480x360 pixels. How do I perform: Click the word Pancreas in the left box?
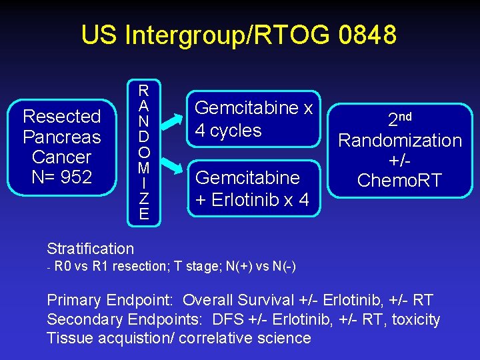pos(61,137)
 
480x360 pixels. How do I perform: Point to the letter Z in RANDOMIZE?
pos(143,200)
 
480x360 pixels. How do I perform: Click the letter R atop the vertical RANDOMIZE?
pos(143,90)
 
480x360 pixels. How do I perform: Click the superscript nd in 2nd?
pos(404,116)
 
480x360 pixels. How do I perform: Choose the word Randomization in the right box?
pos(400,141)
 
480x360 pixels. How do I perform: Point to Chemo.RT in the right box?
pos(399,181)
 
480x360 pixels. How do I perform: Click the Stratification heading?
pos(90,249)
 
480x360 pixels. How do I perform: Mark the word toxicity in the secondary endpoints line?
pos(416,320)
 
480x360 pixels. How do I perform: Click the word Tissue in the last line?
pos(69,338)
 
